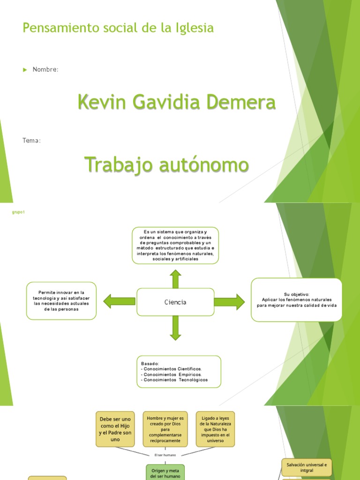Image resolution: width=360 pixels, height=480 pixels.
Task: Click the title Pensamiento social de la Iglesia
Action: pos(118,28)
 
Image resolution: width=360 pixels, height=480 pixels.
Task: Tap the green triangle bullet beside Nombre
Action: pos(25,70)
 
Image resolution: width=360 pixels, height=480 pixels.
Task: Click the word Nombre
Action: pos(45,69)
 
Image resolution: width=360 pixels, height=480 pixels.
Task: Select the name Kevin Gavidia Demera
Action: pos(177,102)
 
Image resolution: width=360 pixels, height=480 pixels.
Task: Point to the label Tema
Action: pos(31,141)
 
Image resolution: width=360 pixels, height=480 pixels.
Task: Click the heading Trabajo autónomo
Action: pos(166,165)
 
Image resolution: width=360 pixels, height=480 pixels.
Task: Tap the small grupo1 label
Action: pos(18,212)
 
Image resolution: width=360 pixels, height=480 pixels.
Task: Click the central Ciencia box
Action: pos(175,302)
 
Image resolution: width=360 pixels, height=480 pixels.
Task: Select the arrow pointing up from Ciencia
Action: pos(175,279)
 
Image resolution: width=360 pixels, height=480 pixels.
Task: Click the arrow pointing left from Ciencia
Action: pos(120,301)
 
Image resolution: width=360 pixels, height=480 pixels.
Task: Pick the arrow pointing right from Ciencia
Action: pos(229,302)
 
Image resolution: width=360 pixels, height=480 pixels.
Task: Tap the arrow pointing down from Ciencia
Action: pos(175,328)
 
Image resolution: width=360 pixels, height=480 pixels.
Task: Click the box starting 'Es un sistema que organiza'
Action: pos(175,246)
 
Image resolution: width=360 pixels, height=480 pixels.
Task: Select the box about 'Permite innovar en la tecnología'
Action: pos(61,301)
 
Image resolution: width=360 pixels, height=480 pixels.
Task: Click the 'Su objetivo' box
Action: pos(296,300)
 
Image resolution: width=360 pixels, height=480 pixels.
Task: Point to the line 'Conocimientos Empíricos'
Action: pos(172,375)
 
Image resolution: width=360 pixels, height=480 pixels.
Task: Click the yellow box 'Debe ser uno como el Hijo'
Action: pos(115,429)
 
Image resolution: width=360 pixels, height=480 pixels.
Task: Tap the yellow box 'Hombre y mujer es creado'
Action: pos(165,429)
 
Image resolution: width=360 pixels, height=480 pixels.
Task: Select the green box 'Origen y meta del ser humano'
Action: pos(165,472)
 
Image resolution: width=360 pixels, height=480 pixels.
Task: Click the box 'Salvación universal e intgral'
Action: pos(307,467)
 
